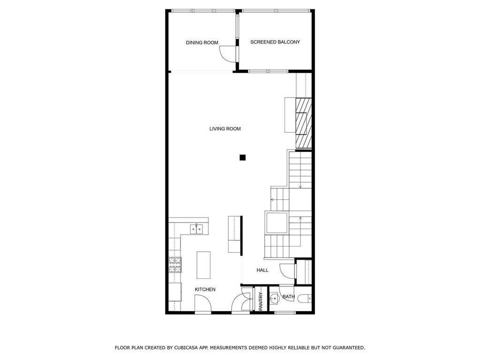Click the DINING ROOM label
(x=202, y=43)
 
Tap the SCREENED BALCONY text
(x=275, y=42)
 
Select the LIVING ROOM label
(x=225, y=128)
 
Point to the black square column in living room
(x=242, y=157)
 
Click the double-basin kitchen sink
(x=196, y=229)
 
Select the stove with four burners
(x=175, y=265)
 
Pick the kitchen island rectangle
(x=203, y=265)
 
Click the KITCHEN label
(x=205, y=290)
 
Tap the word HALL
(x=262, y=270)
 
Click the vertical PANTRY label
(x=261, y=301)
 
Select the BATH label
(x=288, y=297)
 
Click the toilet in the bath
(x=306, y=298)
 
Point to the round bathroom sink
(x=274, y=297)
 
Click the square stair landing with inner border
(x=277, y=223)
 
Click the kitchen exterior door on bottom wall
(x=203, y=307)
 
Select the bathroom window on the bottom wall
(x=285, y=313)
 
